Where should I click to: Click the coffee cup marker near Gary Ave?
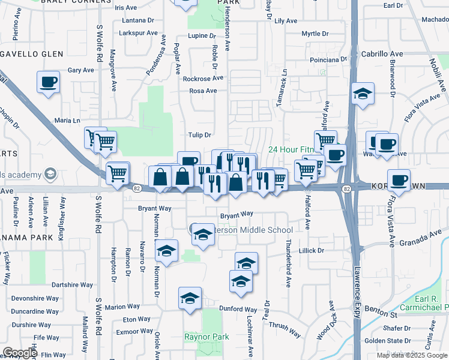48,83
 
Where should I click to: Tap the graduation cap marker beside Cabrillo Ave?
363,94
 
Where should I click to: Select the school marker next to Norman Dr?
167,251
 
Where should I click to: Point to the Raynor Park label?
207,337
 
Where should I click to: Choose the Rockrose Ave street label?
203,79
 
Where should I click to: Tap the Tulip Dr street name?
200,135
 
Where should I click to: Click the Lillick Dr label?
312,250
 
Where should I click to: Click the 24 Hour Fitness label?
292,149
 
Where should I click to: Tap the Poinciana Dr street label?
329,59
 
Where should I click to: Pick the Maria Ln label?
67,121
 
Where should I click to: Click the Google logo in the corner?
20,353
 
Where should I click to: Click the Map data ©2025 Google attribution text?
412,355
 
